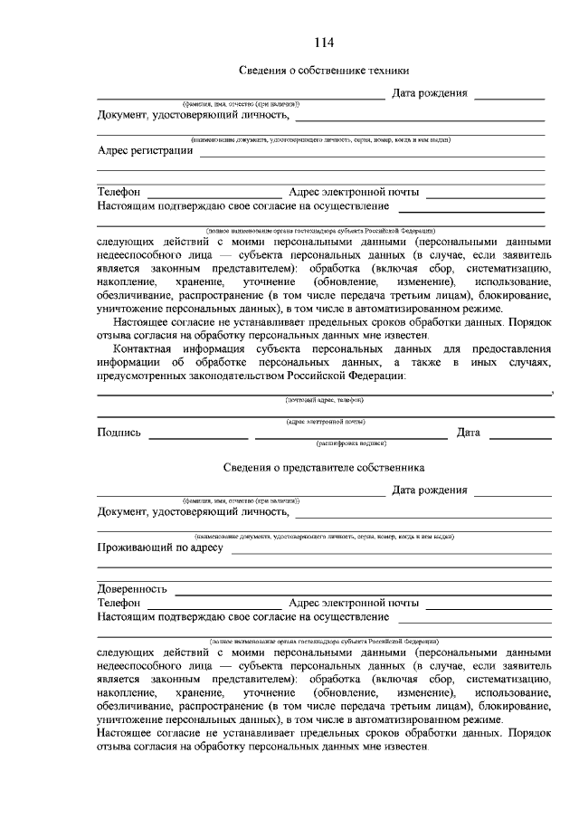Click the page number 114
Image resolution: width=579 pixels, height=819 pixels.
[324, 43]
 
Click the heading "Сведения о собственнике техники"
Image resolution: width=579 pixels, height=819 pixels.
[324, 71]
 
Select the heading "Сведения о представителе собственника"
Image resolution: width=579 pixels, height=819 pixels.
[324, 468]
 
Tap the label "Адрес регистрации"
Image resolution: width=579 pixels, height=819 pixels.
[145, 150]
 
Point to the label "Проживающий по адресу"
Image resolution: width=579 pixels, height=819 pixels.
[159, 548]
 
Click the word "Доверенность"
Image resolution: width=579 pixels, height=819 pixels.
[132, 588]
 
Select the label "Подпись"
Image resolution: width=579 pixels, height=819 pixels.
[119, 433]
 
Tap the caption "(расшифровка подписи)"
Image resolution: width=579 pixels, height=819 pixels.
[351, 443]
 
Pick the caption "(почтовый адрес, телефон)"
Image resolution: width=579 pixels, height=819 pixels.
[325, 399]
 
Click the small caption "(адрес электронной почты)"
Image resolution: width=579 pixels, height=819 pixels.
[325, 421]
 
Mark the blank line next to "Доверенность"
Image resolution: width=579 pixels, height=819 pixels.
[362, 593]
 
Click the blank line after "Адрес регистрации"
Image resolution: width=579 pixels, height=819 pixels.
[371, 156]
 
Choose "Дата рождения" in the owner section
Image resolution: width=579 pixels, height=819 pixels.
[429, 93]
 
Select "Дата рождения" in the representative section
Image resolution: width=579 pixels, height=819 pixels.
[429, 490]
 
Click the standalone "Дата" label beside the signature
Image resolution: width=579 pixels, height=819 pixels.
[469, 433]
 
